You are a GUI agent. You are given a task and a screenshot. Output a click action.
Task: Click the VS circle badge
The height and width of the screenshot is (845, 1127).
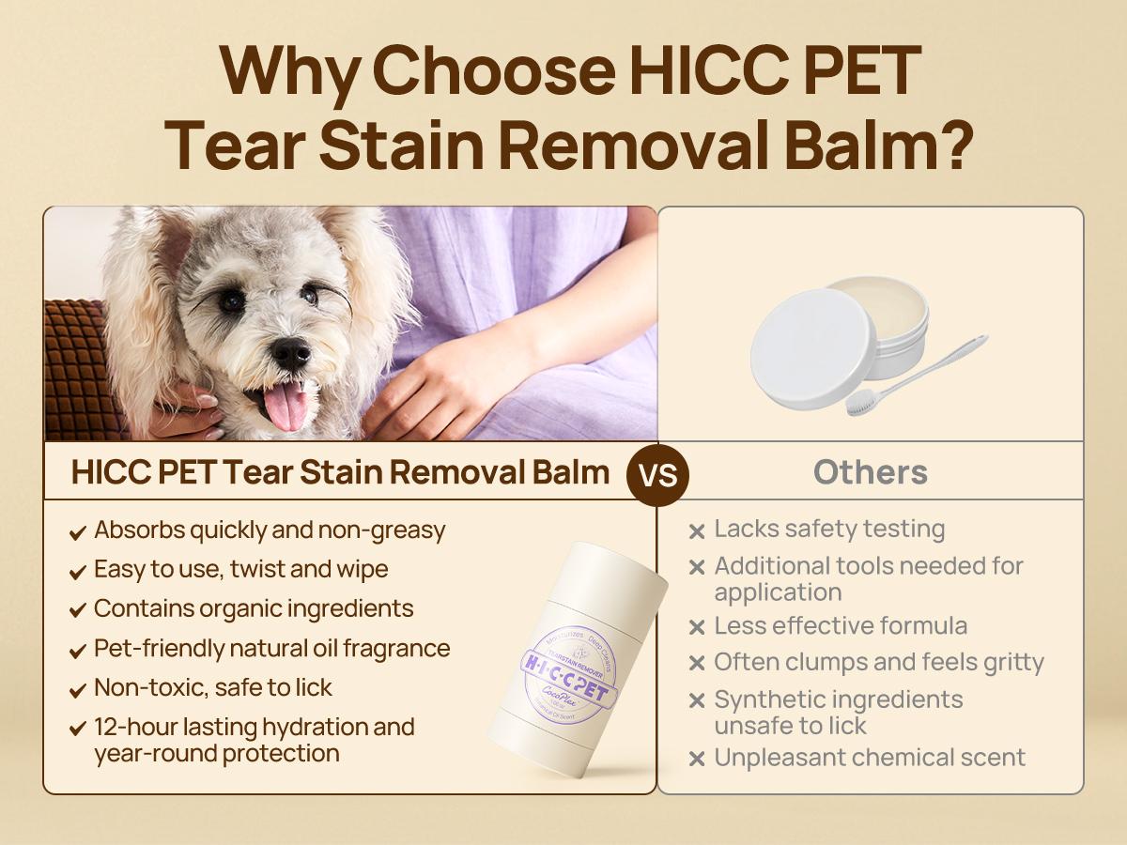657,473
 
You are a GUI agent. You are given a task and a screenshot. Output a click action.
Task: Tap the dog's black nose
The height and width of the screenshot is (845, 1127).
290,353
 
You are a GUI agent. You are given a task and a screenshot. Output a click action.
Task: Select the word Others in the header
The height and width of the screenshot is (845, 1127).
871,471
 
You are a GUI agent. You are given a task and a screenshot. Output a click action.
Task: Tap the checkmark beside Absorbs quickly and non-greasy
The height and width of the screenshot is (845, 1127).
78,532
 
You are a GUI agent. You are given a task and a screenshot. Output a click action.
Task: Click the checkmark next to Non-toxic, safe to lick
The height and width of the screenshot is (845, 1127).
78,690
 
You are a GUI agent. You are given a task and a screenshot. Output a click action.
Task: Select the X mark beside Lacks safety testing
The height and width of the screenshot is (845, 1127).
696,531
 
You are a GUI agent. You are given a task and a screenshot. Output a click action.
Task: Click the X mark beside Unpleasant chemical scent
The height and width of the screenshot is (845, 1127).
696,760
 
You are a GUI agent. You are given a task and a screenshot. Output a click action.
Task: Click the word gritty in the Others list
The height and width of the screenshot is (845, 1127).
1011,663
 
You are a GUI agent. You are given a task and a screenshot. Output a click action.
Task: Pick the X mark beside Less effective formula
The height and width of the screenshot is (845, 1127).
696,628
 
